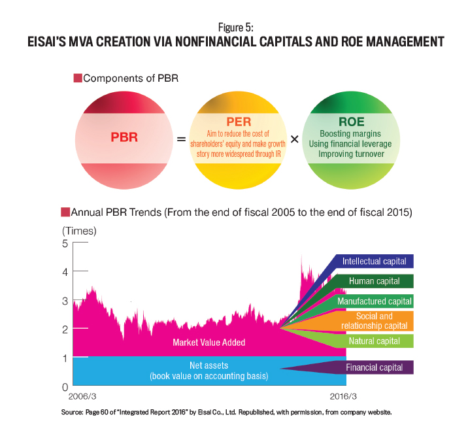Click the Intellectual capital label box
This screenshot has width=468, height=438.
click(x=375, y=261)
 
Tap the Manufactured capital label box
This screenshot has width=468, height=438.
click(x=375, y=301)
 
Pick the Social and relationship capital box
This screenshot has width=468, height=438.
click(x=375, y=321)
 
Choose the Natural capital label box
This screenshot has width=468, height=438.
click(x=375, y=341)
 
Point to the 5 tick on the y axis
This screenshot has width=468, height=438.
click(x=65, y=243)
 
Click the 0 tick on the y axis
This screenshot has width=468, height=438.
click(x=65, y=386)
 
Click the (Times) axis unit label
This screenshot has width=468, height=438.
click(x=79, y=231)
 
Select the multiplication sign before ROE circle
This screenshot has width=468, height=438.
click(x=294, y=139)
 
